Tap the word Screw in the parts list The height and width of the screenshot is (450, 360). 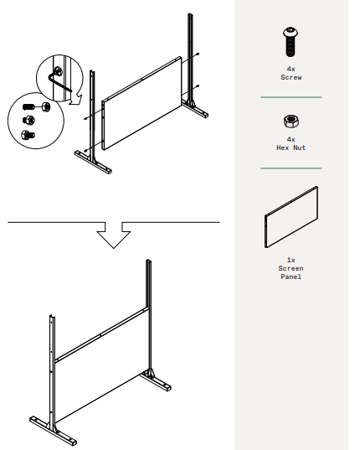(291, 77)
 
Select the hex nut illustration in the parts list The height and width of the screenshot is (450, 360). (291, 120)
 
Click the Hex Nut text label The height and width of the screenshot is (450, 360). (291, 147)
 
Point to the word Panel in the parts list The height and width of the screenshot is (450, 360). (291, 276)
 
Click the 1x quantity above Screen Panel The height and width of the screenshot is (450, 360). (291, 261)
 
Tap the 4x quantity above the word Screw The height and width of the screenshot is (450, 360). (291, 70)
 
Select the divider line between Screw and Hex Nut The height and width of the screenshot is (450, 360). (291, 97)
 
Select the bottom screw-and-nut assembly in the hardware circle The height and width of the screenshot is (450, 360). (28, 133)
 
